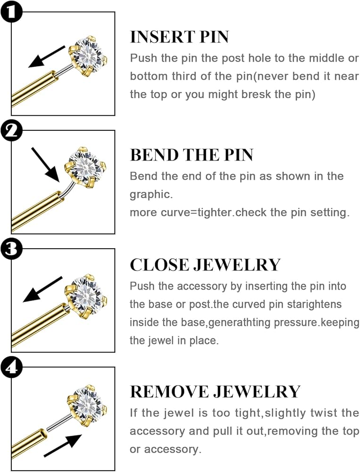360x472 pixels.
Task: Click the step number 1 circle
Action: (11, 12)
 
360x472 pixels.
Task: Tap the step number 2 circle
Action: (11, 131)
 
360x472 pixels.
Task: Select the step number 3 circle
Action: (11, 249)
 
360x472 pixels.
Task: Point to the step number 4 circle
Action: (11, 368)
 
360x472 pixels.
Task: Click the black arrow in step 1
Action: (47, 57)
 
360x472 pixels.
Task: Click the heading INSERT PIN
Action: (179, 37)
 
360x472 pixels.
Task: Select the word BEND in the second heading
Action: (154, 155)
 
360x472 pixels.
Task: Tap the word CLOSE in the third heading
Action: (159, 265)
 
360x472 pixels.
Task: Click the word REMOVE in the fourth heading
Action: (169, 392)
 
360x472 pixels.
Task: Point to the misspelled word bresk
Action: (257, 94)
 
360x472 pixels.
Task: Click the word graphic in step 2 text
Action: (151, 195)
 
